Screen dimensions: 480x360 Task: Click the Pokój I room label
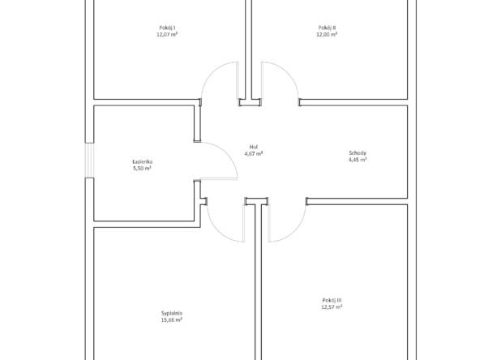167,28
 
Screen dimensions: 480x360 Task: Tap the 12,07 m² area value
167,35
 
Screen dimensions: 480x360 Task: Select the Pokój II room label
327,28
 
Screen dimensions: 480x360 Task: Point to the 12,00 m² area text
327,35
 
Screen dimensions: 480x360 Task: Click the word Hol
254,147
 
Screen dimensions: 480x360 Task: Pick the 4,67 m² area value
254,154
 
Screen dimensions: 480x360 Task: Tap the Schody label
358,152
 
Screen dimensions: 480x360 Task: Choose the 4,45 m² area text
358,160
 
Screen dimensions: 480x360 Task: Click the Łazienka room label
143,161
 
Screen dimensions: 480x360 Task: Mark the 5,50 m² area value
143,169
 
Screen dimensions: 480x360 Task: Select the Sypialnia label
172,313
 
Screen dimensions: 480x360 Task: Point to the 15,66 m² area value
172,320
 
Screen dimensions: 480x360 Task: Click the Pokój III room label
332,300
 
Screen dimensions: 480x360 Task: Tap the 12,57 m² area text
332,307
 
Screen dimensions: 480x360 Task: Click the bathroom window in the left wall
89,160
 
